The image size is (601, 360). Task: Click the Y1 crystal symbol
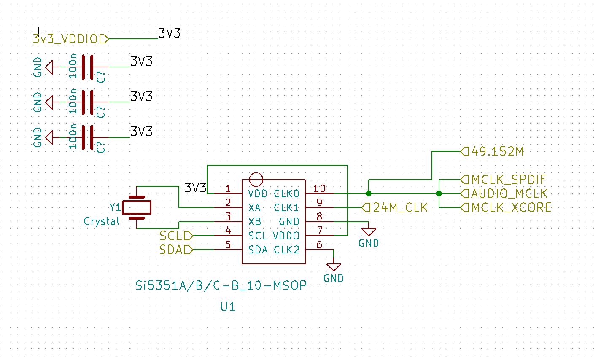click(x=137, y=207)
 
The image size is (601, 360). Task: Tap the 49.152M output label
click(x=492, y=151)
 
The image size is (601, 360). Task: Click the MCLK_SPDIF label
click(x=503, y=180)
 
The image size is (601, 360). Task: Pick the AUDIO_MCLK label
click(x=504, y=193)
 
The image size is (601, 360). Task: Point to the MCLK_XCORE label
click(x=506, y=207)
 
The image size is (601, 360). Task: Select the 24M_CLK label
click(x=394, y=207)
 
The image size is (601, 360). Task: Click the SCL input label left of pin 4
click(x=176, y=236)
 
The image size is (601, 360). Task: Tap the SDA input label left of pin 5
click(x=176, y=250)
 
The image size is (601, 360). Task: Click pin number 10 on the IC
click(x=319, y=188)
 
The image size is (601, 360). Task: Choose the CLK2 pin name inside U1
click(x=286, y=250)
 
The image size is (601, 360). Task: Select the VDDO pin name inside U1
click(x=286, y=236)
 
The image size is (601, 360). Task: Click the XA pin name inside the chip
click(x=254, y=208)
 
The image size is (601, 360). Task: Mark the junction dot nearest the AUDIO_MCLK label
click(x=439, y=193)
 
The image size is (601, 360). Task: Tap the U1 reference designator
click(x=228, y=306)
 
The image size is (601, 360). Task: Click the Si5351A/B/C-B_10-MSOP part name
click(x=221, y=285)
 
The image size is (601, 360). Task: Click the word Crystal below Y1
click(x=102, y=221)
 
